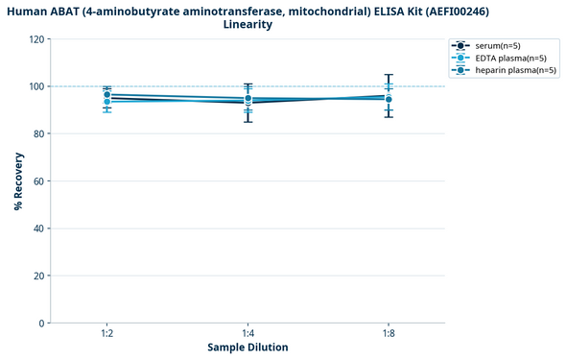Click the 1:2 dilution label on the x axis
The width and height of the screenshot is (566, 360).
pos(107,333)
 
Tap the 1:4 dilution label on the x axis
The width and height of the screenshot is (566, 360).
pos(248,333)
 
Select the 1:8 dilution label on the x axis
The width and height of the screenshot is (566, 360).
pos(388,333)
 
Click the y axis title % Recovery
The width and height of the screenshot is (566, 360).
pos(18,181)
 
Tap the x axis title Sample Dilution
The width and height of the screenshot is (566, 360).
pos(248,347)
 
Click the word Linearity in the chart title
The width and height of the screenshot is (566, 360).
pos(248,24)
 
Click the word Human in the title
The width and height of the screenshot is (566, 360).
pos(28,10)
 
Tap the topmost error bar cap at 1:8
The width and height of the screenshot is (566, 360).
pos(388,75)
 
